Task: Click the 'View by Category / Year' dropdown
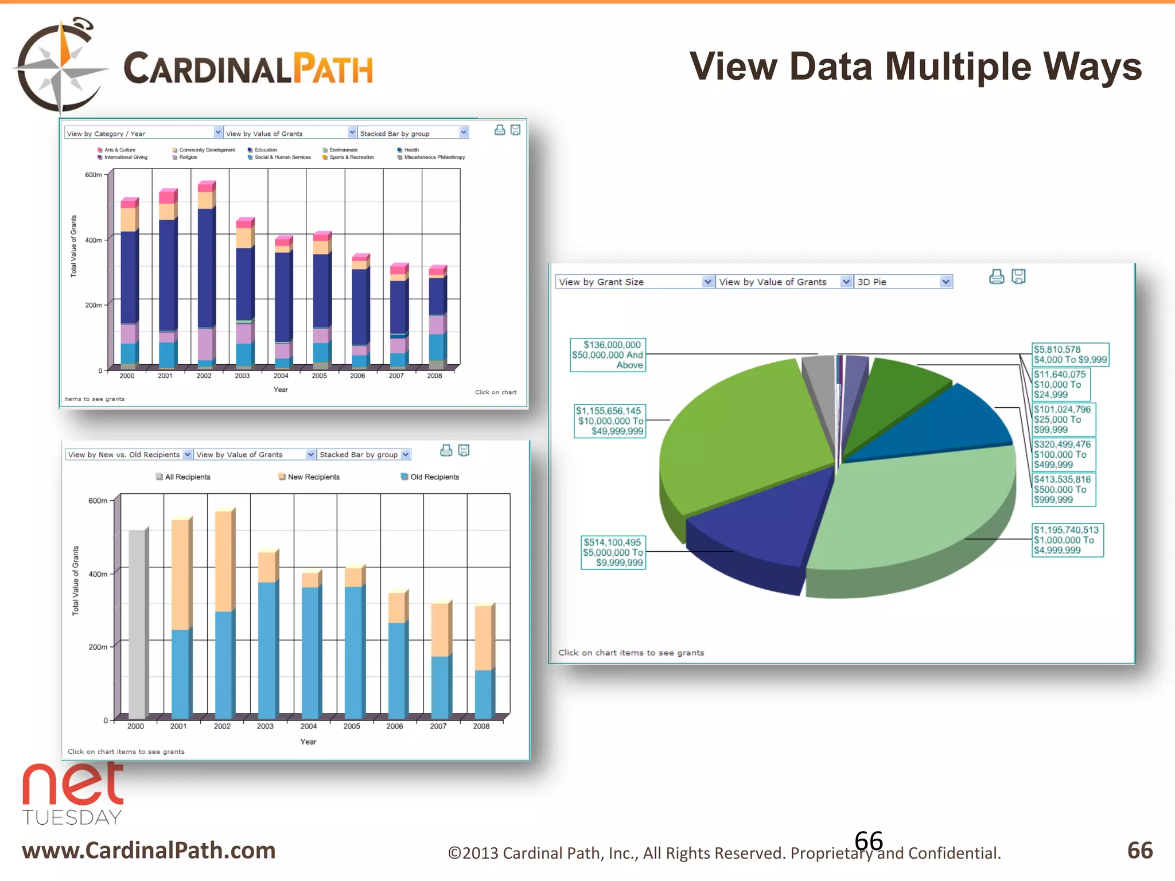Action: pyautogui.click(x=143, y=133)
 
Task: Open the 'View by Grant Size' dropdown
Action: pyautogui.click(x=634, y=282)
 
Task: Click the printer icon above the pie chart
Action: pyautogui.click(x=997, y=277)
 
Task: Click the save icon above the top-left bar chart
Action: pyautogui.click(x=515, y=130)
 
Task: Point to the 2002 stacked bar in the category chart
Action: pyautogui.click(x=206, y=275)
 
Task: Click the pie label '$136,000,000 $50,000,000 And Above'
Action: pyautogui.click(x=608, y=355)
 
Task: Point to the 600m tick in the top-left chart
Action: pyautogui.click(x=94, y=175)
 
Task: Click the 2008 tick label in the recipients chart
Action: pyautogui.click(x=481, y=726)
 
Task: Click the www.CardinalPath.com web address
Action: pyautogui.click(x=149, y=850)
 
